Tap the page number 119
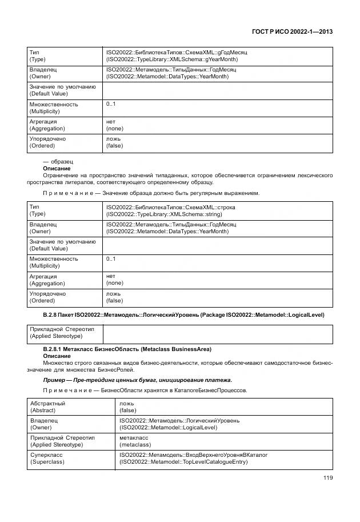pyautogui.click(x=327, y=479)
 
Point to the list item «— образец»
pyautogui.click(x=58, y=162)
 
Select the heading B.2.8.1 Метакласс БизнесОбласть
pyautogui.click(x=127, y=349)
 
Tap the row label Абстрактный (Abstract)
pyautogui.click(x=47, y=407)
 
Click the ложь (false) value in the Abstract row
pyautogui.click(x=127, y=407)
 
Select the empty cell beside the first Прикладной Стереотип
pyautogui.click(x=217, y=332)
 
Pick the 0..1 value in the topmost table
pyautogui.click(x=111, y=104)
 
